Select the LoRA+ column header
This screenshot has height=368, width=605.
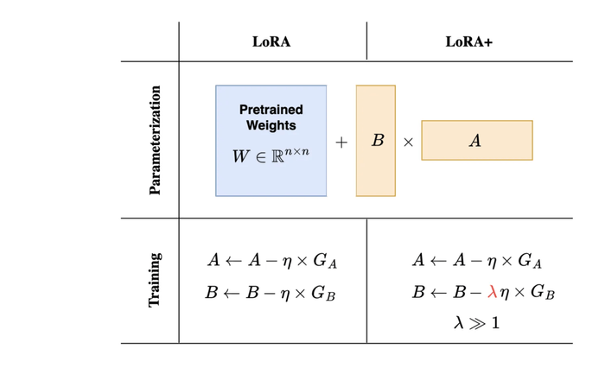tap(468, 41)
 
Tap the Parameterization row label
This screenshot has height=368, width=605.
tap(156, 140)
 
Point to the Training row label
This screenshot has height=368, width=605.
tap(156, 280)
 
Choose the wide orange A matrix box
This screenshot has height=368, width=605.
tap(476, 140)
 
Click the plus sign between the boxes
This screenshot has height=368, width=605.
tap(341, 143)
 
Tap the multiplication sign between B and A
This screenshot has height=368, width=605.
tap(408, 143)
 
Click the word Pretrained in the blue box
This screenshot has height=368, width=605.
tap(271, 111)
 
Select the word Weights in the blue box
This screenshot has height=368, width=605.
tap(271, 125)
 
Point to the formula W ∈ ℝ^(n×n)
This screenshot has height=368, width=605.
tap(271, 155)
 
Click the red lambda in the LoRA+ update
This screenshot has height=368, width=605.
tap(492, 292)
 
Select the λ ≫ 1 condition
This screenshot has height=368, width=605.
tap(476, 323)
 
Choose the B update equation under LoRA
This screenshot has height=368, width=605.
tap(271, 293)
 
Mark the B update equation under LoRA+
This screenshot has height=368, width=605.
tap(482, 292)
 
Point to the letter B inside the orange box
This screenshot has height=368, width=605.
tap(378, 140)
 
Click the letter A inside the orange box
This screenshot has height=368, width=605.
tap(474, 141)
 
